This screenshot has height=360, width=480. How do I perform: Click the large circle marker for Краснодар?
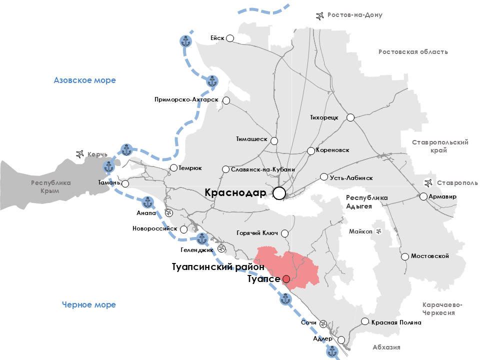(x=279, y=193)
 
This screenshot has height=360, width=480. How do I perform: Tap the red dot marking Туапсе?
(x=286, y=279)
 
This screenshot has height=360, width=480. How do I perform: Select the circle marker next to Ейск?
(x=230, y=38)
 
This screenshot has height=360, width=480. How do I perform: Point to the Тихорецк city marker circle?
(x=350, y=117)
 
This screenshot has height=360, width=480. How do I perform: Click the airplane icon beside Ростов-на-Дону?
(x=320, y=15)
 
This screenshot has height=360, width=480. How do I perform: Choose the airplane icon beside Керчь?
(x=79, y=154)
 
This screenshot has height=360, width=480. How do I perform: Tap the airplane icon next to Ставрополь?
(x=428, y=182)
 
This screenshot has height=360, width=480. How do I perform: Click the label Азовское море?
(x=85, y=80)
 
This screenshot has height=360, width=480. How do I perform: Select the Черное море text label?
(x=89, y=304)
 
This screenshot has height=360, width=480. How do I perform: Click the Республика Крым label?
(x=51, y=187)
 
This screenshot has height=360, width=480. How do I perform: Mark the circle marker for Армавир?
(x=423, y=196)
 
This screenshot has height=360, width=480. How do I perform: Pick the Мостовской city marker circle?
(x=405, y=256)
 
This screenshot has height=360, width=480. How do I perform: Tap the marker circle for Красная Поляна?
(x=365, y=322)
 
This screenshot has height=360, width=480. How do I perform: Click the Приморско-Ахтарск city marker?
(x=226, y=100)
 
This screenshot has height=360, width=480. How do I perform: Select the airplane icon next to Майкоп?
(x=378, y=231)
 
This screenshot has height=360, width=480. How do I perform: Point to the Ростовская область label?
(x=413, y=51)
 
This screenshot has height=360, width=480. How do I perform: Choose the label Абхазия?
(x=386, y=347)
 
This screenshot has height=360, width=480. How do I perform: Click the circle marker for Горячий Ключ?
(x=285, y=233)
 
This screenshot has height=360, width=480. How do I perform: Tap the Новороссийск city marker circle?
(x=183, y=229)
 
